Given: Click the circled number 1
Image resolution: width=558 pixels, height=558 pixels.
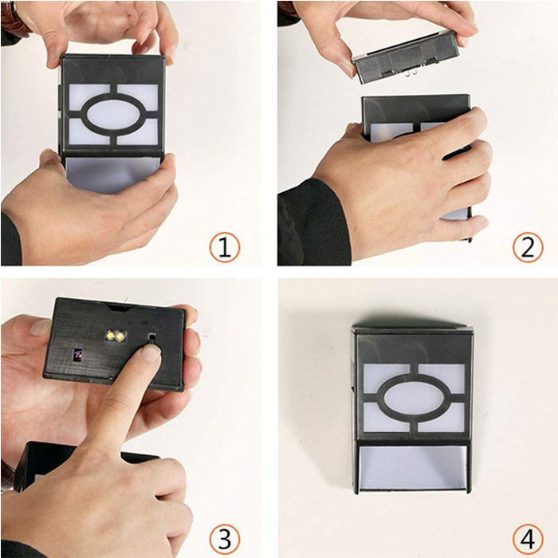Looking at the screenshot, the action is tap(225, 247).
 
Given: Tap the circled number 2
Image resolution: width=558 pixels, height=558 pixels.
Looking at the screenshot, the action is tap(528, 247).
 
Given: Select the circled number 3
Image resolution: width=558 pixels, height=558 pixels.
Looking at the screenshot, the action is tap(225, 539).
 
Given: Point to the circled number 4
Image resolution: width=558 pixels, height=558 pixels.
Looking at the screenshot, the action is tap(528, 539).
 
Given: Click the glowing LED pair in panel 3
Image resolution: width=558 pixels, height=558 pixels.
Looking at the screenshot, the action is tap(116, 336).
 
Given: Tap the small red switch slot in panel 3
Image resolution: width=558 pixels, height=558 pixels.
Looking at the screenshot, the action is tap(77, 355).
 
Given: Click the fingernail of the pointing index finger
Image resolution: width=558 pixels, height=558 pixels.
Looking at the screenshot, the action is tap(151, 353).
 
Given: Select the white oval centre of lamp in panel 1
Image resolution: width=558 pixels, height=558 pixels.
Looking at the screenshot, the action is tap(112, 115).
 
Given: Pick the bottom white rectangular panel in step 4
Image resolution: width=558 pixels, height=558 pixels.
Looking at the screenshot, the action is tap(412, 467).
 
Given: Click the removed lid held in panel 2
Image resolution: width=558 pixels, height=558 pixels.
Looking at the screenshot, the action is tap(406, 57).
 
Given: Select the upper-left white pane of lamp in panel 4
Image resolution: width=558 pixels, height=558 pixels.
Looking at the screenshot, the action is tap(386, 377).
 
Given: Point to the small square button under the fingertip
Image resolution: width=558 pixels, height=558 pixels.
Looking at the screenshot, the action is tap(151, 337).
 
